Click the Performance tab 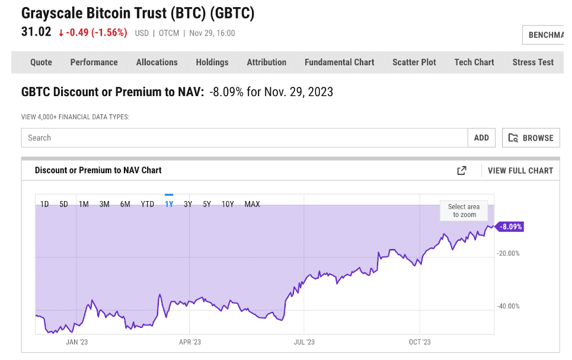pyautogui.click(x=94, y=62)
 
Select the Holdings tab pyautogui.click(x=212, y=62)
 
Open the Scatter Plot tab pyautogui.click(x=414, y=62)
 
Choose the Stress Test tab pyautogui.click(x=533, y=62)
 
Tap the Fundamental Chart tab pyautogui.click(x=339, y=62)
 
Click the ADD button pyautogui.click(x=481, y=138)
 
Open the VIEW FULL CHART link pyautogui.click(x=520, y=170)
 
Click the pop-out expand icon pyautogui.click(x=461, y=170)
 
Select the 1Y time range pyautogui.click(x=169, y=204)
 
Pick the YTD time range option pyautogui.click(x=147, y=204)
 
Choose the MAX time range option pyautogui.click(x=252, y=204)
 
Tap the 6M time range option pyautogui.click(x=125, y=204)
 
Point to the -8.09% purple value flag pyautogui.click(x=510, y=227)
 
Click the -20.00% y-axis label pyautogui.click(x=508, y=253)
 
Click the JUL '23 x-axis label pyautogui.click(x=303, y=342)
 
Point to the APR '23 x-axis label pyautogui.click(x=189, y=342)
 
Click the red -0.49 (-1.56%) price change pyautogui.click(x=92, y=33)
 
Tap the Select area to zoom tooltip pyautogui.click(x=464, y=211)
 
